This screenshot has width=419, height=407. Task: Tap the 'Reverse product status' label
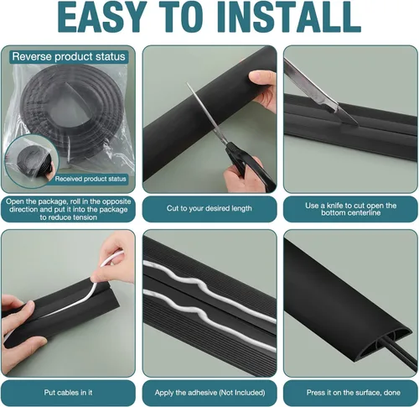point(69,57)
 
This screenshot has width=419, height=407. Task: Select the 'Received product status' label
point(91,179)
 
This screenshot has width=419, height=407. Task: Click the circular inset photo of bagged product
point(32,161)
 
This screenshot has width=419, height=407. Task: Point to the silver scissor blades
point(209,115)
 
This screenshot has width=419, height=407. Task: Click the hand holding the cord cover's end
point(263,89)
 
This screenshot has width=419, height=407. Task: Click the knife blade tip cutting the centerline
point(357,123)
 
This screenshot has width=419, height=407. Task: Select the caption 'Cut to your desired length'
point(209,208)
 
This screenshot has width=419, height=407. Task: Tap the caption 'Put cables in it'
point(68,393)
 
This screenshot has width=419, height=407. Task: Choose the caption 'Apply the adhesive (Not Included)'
point(209,393)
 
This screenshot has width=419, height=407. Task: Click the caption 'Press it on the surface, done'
point(353,393)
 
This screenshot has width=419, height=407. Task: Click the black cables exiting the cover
point(404,354)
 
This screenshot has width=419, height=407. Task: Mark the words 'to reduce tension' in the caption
point(68,217)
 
